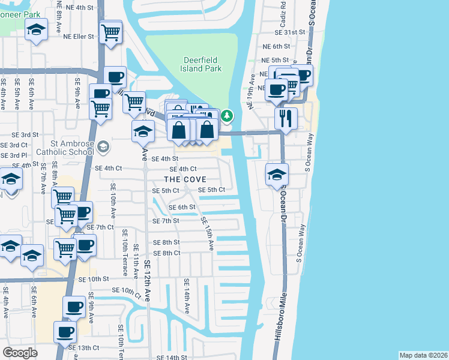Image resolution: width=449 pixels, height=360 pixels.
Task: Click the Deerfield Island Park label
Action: click(201, 64)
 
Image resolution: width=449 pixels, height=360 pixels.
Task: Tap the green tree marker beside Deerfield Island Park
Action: click(227, 115)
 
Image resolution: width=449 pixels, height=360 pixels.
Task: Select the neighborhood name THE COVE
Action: click(185, 179)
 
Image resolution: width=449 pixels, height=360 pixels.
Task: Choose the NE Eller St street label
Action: click(79, 36)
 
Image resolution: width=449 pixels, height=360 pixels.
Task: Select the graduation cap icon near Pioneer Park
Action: click(37, 29)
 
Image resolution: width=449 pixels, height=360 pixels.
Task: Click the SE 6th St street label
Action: click(182, 207)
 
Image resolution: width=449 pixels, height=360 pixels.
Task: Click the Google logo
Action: click(20, 353)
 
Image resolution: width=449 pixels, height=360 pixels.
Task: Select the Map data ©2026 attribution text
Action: click(423, 355)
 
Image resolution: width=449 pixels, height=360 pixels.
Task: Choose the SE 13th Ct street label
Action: click(83, 347)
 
